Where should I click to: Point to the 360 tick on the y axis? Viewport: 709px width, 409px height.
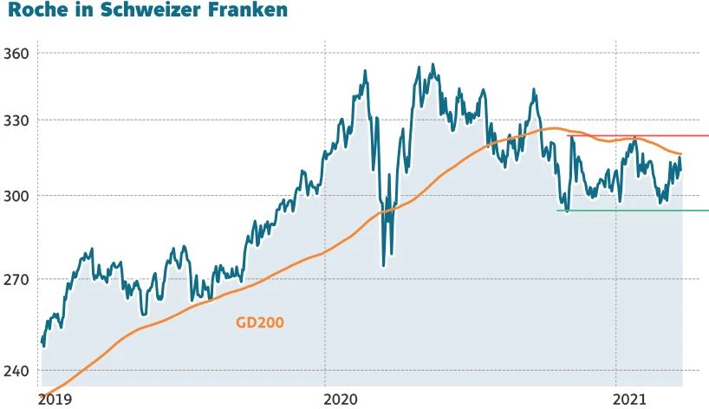[16, 53]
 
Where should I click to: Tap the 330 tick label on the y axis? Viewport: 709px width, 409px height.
[16, 120]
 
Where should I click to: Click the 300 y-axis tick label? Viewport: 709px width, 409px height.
[16, 196]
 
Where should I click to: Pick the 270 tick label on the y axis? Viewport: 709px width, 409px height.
[16, 279]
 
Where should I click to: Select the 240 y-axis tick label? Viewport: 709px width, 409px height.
[16, 370]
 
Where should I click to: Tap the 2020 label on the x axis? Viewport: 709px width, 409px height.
[341, 399]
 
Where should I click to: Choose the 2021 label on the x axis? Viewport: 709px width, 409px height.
[630, 399]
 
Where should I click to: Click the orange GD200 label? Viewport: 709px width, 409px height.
[260, 322]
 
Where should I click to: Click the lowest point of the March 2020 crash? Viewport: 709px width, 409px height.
[383, 265]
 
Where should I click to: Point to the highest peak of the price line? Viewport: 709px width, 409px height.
[433, 64]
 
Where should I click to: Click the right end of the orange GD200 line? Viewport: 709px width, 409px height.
[682, 154]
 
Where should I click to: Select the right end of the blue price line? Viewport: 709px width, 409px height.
[682, 169]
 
